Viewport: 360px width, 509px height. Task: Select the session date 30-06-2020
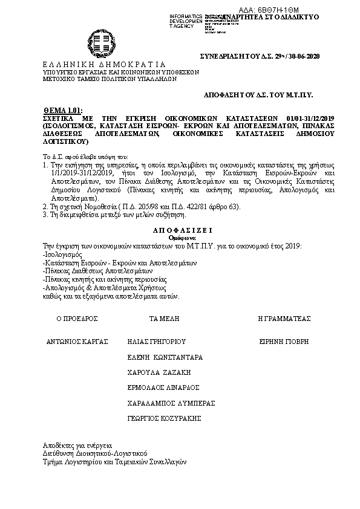(x=303, y=56)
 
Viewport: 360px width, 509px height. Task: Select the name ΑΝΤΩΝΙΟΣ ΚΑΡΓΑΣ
(x=77, y=341)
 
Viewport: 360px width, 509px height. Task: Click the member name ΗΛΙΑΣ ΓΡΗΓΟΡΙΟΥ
(x=155, y=341)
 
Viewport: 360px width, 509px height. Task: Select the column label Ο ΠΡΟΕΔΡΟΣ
(x=77, y=318)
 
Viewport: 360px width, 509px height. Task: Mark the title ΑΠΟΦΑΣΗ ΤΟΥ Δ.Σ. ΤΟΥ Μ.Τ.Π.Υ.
(x=261, y=96)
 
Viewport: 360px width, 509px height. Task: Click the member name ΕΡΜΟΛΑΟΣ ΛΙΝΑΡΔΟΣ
(x=163, y=387)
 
